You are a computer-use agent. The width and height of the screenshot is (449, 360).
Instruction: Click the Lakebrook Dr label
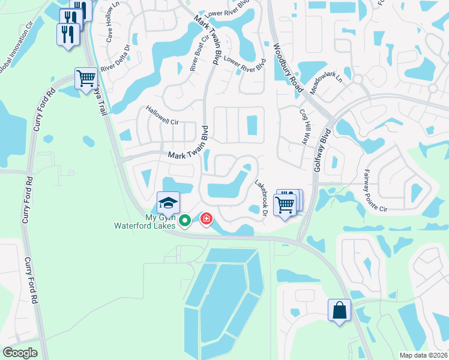pyautogui.click(x=261, y=197)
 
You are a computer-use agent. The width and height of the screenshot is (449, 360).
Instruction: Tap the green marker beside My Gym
pyautogui.click(x=185, y=221)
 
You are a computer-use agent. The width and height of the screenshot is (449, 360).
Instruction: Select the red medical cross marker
pyautogui.click(x=206, y=219)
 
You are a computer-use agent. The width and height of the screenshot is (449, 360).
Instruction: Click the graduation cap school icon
pyautogui.click(x=169, y=202)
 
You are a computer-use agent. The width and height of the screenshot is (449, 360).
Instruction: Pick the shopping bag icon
pyautogui.click(x=339, y=310)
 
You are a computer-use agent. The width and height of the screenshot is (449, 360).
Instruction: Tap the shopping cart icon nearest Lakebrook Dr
pyautogui.click(x=285, y=204)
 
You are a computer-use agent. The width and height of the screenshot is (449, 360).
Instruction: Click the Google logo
pyautogui.click(x=20, y=353)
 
